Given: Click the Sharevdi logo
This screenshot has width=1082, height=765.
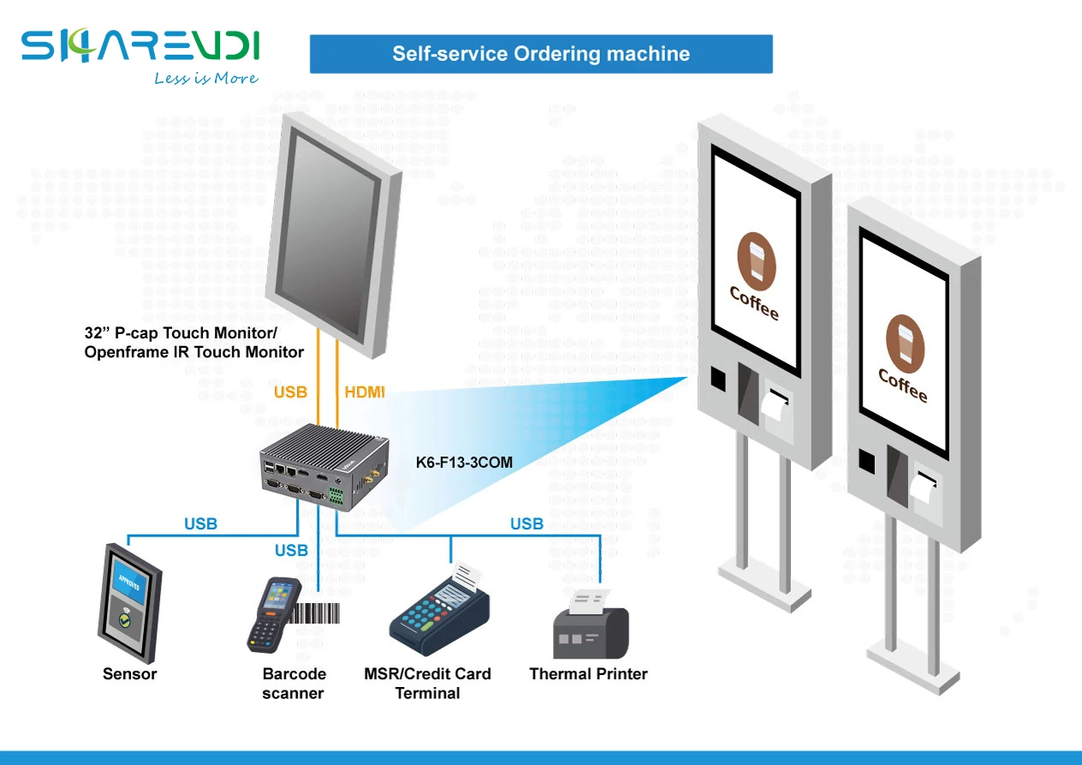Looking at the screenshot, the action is [140, 45].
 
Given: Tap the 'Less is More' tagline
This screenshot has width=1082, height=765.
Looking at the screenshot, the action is [205, 78].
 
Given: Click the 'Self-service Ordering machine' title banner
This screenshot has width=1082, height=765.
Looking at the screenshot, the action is [541, 54].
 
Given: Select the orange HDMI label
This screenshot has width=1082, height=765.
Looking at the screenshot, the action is [365, 392].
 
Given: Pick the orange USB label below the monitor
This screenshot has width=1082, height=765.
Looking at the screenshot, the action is [290, 392].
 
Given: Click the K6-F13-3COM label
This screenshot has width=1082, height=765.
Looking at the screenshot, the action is [464, 462].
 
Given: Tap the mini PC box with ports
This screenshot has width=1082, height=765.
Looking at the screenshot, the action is [324, 468].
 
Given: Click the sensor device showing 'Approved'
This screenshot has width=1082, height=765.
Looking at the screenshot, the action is [129, 603].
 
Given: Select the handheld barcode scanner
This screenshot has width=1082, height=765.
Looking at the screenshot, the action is [273, 615].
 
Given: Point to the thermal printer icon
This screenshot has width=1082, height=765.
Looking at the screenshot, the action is [591, 624].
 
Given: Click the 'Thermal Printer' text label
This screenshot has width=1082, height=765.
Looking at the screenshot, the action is [588, 673].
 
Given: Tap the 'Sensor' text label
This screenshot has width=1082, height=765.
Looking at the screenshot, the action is [129, 673].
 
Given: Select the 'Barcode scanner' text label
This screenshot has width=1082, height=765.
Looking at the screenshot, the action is [294, 684].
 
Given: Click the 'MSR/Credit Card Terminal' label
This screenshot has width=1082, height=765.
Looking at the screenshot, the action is [427, 684].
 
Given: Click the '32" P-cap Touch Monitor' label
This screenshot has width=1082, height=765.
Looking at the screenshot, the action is [181, 333].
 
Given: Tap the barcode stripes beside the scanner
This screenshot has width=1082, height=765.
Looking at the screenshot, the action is [315, 613].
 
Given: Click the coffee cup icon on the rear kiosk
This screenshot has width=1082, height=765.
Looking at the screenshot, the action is [757, 261].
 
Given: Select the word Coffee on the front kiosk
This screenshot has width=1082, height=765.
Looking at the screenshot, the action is [903, 385].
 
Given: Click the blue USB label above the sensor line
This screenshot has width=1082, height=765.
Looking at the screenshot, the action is [200, 524].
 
